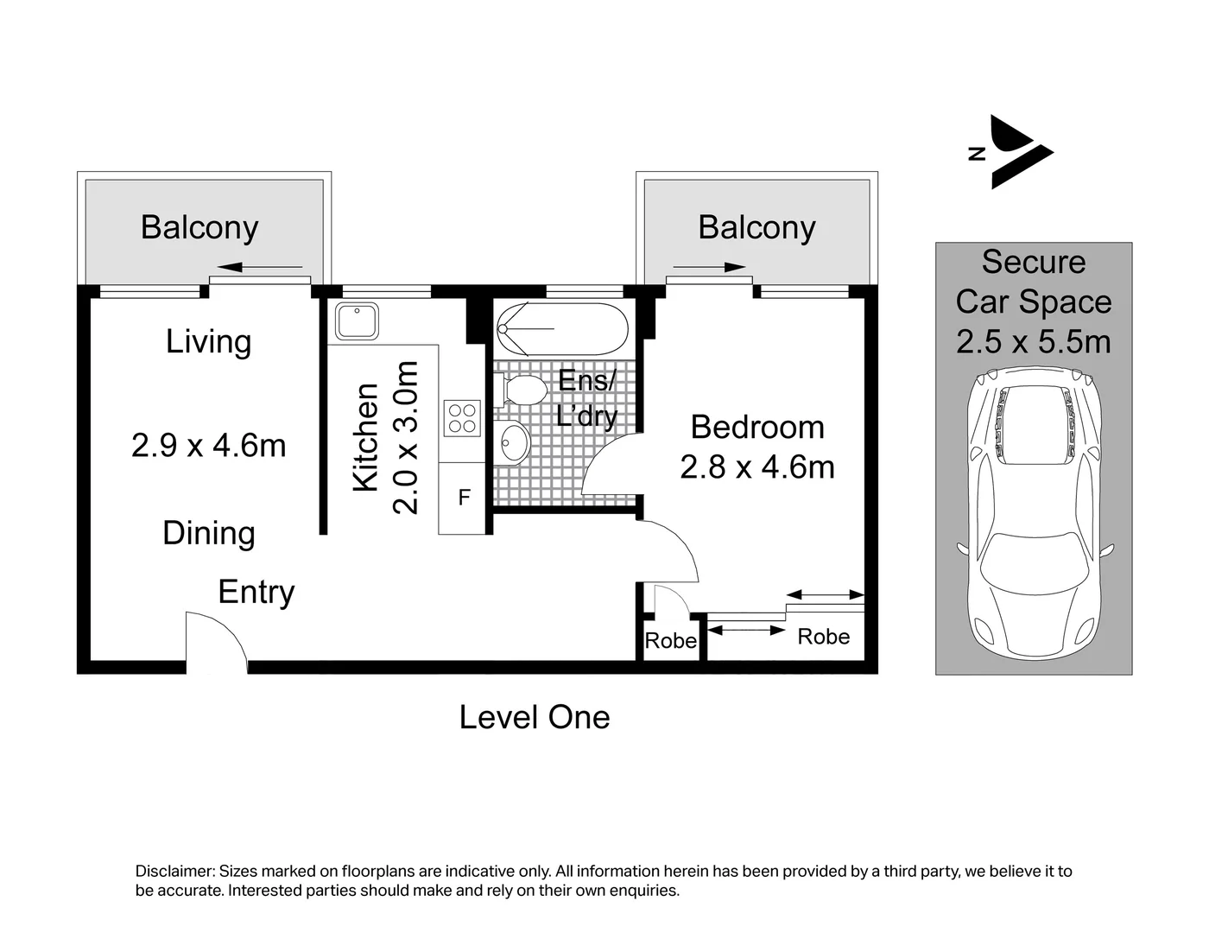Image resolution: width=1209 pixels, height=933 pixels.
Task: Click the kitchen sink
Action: click(357, 321)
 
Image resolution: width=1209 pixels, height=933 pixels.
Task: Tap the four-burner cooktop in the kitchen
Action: click(462, 418)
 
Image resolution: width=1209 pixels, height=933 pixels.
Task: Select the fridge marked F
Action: click(464, 498)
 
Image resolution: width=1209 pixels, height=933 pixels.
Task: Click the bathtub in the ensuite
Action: click(562, 329)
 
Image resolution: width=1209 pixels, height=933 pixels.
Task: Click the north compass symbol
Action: click(1011, 152)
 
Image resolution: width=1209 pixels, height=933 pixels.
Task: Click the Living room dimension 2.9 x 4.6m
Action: click(209, 446)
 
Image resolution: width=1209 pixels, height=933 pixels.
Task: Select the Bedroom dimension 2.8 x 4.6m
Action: click(757, 466)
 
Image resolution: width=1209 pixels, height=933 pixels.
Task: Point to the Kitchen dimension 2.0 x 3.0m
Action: click(404, 437)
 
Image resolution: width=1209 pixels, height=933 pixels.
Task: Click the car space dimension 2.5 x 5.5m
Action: click(1034, 341)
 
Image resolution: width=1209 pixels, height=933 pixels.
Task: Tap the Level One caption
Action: click(534, 717)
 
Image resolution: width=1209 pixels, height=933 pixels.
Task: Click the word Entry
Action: click(256, 592)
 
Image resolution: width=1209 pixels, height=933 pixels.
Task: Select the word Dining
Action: click(209, 533)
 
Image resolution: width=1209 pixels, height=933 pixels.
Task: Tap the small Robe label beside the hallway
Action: click(670, 641)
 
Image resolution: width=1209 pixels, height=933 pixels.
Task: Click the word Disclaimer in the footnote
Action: click(175, 872)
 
